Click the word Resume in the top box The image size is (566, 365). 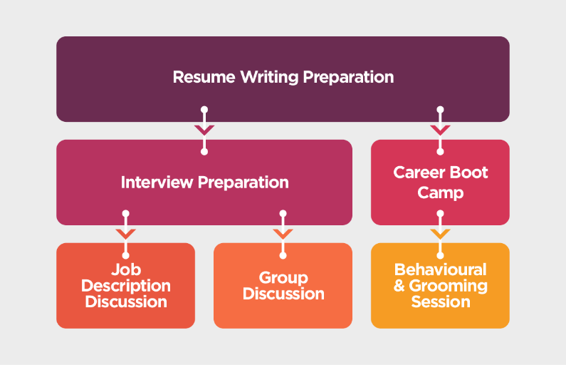(x=204, y=77)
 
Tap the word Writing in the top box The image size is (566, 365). (x=269, y=78)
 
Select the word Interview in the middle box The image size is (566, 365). (x=157, y=182)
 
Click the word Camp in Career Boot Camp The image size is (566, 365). (x=441, y=193)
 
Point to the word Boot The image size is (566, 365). (x=469, y=173)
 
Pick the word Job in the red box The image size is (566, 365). (x=126, y=269)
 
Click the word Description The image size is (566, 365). (x=126, y=286)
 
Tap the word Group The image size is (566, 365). (x=283, y=278)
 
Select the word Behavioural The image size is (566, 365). (x=441, y=269)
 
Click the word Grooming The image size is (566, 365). (x=448, y=286)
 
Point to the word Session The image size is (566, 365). (x=441, y=302)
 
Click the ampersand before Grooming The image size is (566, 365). (x=399, y=286)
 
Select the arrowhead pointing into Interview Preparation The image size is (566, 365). (x=204, y=130)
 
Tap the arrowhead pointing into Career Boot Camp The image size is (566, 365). (x=440, y=130)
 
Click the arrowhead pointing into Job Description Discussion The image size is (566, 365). (x=125, y=234)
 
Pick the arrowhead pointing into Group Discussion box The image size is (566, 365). (x=283, y=234)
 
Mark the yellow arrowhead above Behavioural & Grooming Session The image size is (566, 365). (x=440, y=234)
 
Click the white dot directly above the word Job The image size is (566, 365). (x=125, y=255)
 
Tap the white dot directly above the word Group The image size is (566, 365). (x=283, y=255)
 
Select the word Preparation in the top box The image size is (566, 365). (x=348, y=78)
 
